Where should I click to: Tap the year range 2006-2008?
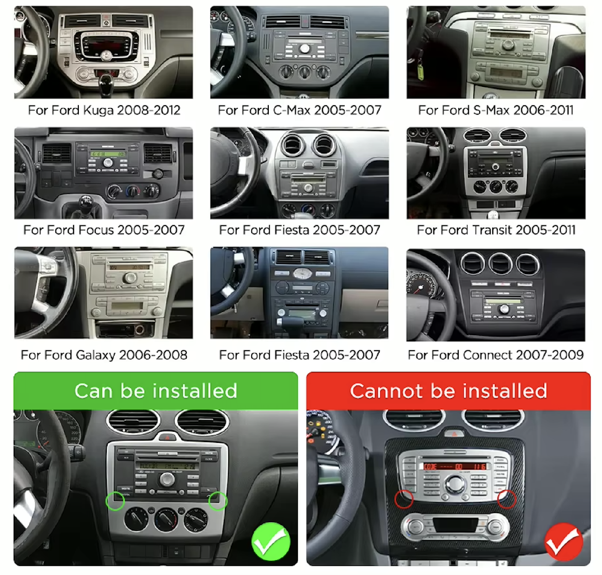(153, 355)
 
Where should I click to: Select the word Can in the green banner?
(94, 391)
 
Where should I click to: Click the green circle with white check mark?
(271, 542)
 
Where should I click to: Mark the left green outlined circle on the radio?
(115, 501)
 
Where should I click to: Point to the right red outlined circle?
(507, 499)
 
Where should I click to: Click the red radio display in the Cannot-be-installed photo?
(454, 467)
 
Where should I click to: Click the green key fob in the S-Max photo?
(420, 72)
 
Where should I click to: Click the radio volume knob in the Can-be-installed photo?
(167, 479)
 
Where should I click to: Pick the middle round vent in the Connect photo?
(500, 263)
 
